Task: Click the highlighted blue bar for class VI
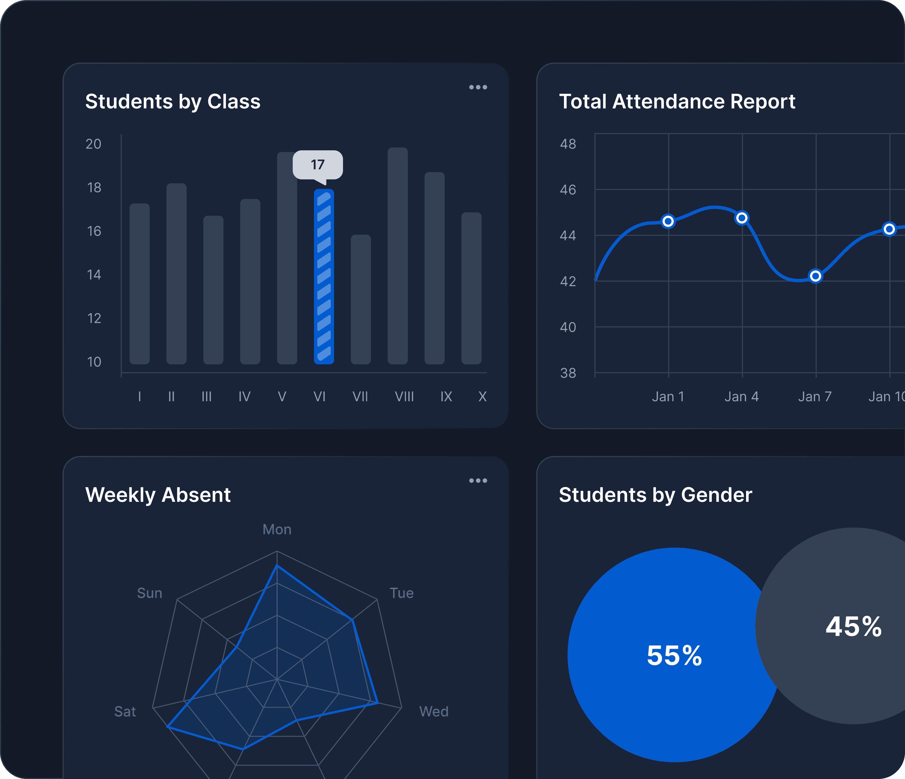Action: coord(324,277)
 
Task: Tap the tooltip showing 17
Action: coord(318,165)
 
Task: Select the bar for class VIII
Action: coord(397,256)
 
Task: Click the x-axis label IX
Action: coord(446,397)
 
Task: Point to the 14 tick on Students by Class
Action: coord(94,275)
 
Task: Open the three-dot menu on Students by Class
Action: coord(478,87)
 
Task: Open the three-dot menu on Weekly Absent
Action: coord(478,481)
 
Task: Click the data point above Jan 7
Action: coord(815,276)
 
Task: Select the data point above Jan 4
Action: coord(742,218)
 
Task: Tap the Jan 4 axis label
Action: coord(742,397)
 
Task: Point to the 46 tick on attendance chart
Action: coord(568,190)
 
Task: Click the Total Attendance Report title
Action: coord(677,101)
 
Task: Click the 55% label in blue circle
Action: coord(674,655)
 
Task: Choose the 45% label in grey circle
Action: coord(853,626)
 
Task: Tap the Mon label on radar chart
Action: coord(277,529)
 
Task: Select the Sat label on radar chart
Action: coord(125,712)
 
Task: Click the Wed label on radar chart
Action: coord(434,712)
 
